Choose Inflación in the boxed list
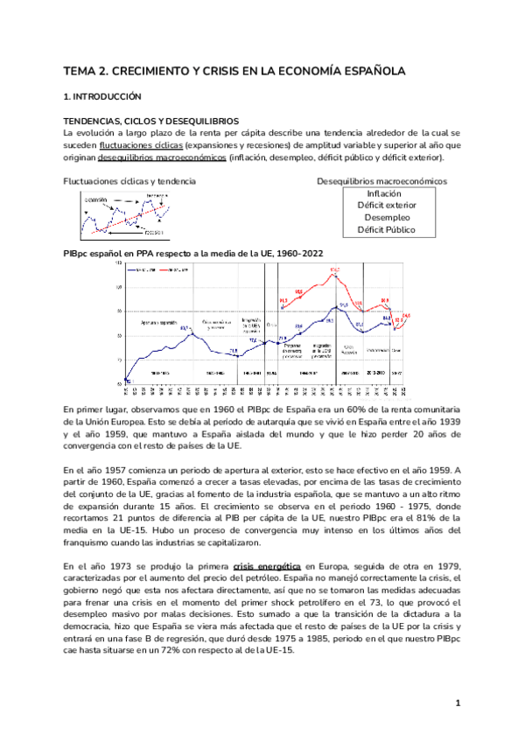coord(384,193)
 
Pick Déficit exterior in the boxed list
coord(384,206)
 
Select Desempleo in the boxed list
coord(384,218)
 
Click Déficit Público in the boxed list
coord(384,230)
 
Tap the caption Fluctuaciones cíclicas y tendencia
coord(129,181)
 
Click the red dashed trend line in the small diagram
coord(122,221)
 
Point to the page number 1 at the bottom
coord(458,703)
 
